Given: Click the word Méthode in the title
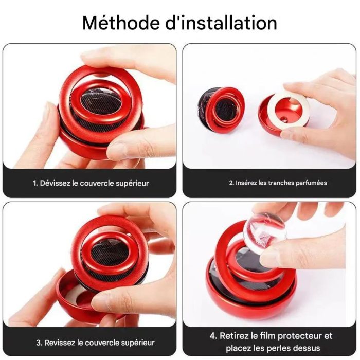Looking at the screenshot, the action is tap(120, 23).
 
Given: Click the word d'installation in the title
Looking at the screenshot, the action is tap(221, 23).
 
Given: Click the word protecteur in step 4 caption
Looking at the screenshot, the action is tap(300, 336).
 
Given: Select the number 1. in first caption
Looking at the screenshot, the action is tap(35, 183).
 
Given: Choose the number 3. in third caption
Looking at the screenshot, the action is tap(39, 343).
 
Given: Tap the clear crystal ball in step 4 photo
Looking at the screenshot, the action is tap(264, 233).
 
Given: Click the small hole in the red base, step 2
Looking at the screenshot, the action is tap(284, 119).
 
